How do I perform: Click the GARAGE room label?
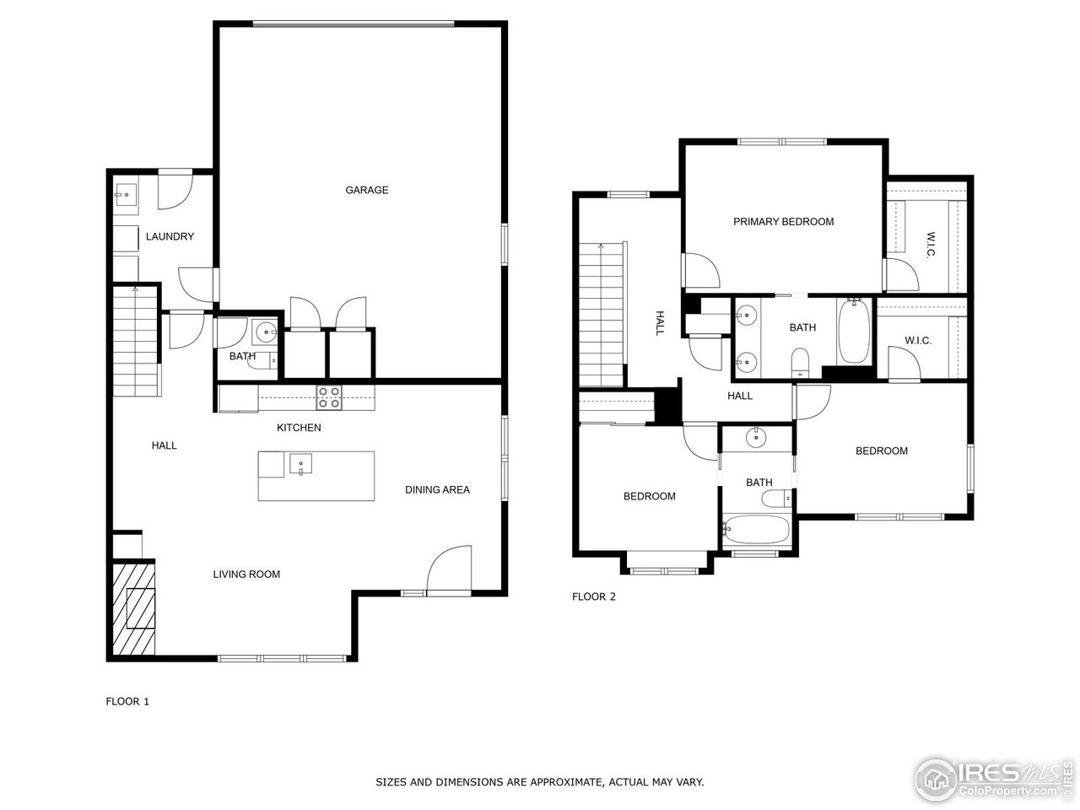tap(366, 190)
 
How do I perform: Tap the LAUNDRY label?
tap(170, 236)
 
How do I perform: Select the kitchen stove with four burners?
tap(329, 397)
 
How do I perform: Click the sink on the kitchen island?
tap(300, 463)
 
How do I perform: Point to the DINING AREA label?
tap(437, 489)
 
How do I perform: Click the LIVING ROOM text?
tap(246, 575)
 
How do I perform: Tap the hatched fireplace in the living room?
tap(133, 607)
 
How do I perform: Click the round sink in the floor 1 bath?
tap(266, 332)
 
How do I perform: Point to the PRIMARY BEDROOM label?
tap(783, 222)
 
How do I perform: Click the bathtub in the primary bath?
tap(853, 331)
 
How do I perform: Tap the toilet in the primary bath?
tap(801, 364)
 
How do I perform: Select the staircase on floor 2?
tap(600, 312)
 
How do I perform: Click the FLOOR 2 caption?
tap(594, 597)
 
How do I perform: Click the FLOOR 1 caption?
tap(127, 701)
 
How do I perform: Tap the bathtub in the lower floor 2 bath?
tap(756, 531)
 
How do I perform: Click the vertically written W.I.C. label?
tap(931, 245)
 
